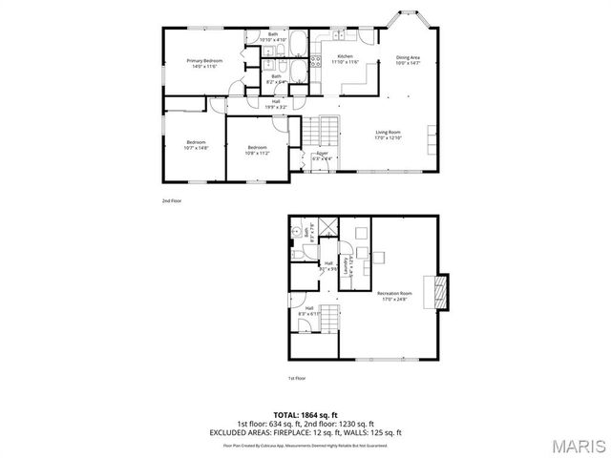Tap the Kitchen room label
click(345, 57)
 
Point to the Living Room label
click(387, 133)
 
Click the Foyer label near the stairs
click(323, 153)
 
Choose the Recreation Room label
click(392, 294)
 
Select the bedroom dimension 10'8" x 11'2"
click(258, 153)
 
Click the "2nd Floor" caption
click(172, 201)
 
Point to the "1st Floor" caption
click(297, 378)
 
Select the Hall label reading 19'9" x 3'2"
click(275, 103)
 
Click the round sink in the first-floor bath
click(297, 231)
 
